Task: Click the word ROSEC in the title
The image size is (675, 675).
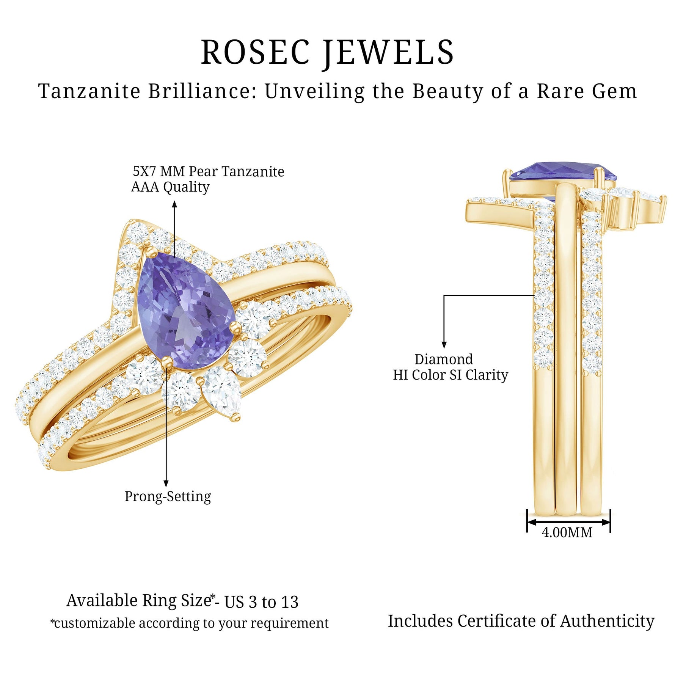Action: [255, 52]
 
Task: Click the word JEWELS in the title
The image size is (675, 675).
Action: [388, 52]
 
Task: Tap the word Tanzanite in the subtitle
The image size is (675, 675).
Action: [89, 91]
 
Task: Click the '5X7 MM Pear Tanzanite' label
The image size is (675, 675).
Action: [208, 171]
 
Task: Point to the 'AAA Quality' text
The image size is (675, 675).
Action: [170, 187]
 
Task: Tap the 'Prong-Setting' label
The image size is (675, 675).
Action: [168, 496]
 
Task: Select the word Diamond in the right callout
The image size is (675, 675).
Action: [443, 359]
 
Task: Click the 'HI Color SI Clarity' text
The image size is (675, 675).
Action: [450, 375]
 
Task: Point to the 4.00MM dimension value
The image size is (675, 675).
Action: [567, 533]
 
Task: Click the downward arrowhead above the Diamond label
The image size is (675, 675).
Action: [444, 345]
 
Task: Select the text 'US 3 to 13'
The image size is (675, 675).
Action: [261, 602]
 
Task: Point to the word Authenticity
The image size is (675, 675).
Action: [607, 621]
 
